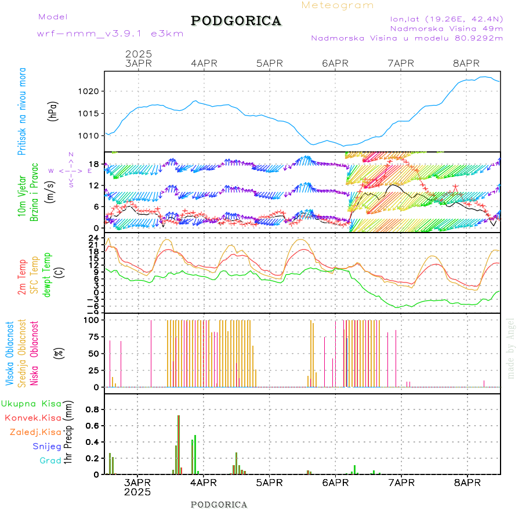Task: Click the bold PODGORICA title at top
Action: click(x=236, y=21)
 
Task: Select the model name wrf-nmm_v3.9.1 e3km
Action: click(x=110, y=34)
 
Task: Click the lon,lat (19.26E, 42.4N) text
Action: click(x=446, y=18)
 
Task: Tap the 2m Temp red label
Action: click(x=22, y=277)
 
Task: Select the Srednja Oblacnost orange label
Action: click(x=22, y=353)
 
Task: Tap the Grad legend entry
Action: click(x=50, y=461)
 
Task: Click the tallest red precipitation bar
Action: click(x=179, y=444)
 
